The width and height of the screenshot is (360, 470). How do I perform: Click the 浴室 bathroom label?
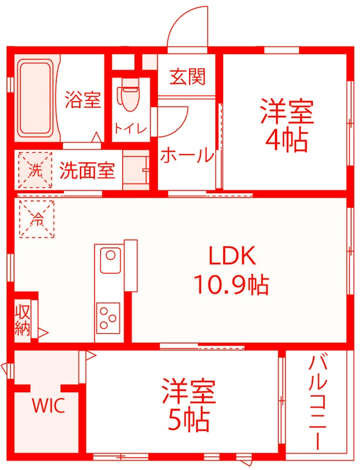(x=83, y=99)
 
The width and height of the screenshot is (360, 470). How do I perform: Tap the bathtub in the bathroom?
(x=35, y=98)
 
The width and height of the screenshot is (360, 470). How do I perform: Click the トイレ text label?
(x=130, y=129)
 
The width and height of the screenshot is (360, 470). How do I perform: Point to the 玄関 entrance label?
(x=188, y=76)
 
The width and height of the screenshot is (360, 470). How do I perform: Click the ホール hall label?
(x=187, y=155)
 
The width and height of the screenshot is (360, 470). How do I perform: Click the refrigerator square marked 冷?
(x=36, y=219)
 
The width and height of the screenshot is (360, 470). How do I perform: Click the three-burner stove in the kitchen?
(x=108, y=317)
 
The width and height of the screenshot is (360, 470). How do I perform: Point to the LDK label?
(x=231, y=256)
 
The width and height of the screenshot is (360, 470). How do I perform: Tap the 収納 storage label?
(x=22, y=320)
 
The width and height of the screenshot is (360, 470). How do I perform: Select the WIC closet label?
(x=48, y=405)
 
